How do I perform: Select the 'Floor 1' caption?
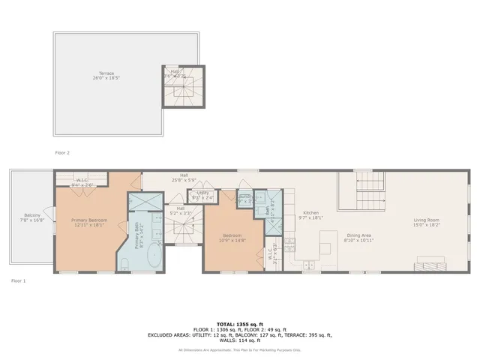[x=19, y=280]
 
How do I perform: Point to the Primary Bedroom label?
[x=89, y=220]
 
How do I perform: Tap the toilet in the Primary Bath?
[x=124, y=262]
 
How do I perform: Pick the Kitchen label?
[x=310, y=213]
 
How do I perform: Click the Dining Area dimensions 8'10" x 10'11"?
[x=358, y=240]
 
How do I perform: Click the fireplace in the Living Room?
[x=431, y=264]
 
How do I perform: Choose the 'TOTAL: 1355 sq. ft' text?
[x=239, y=319]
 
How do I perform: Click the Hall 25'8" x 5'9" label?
[x=184, y=178]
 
